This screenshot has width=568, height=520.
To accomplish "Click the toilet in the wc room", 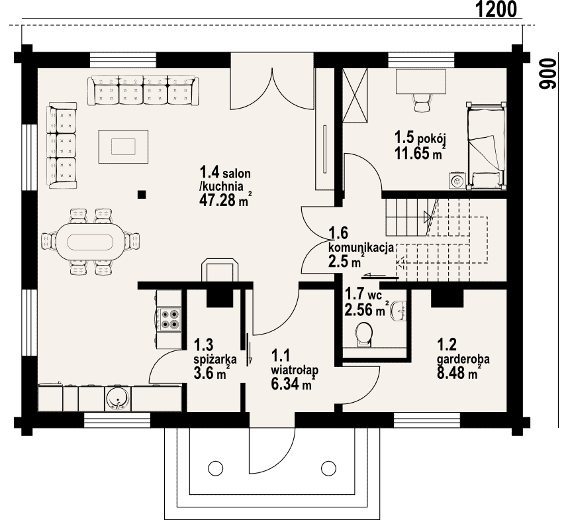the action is click(x=364, y=335).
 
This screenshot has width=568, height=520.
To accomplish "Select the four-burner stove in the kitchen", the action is click(x=170, y=319).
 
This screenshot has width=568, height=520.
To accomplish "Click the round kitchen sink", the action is click(x=117, y=399).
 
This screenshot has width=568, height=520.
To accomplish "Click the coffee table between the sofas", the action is click(x=123, y=146).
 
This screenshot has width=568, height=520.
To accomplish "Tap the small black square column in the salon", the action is click(x=142, y=195).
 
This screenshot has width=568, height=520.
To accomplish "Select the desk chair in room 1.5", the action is click(x=421, y=103).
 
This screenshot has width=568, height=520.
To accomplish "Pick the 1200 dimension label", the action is click(x=496, y=9).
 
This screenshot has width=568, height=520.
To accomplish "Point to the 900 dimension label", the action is click(x=547, y=74).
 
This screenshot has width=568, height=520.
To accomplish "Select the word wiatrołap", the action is click(x=295, y=370).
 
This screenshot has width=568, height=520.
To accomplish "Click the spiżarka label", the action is click(x=215, y=359).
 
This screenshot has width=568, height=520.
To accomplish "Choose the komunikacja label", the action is click(x=361, y=248).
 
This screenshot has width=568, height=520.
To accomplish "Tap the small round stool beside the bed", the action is click(x=457, y=180).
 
